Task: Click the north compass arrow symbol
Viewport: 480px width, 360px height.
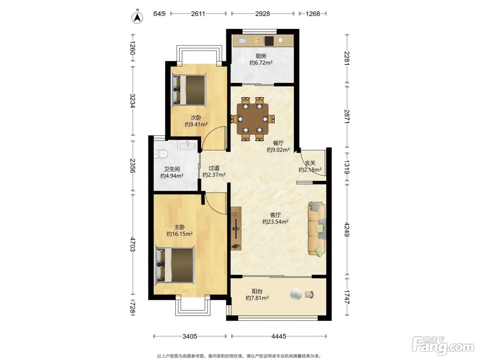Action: pos(137,17)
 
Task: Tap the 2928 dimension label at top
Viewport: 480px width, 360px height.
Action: pos(262,14)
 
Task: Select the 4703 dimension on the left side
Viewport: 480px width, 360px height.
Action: pos(133,244)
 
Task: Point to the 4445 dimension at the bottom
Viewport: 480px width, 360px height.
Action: pos(279,336)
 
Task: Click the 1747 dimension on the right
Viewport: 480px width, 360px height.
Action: pos(347,297)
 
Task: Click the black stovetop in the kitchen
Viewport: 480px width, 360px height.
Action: pos(269,41)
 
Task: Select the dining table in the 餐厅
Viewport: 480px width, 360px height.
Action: pos(253,119)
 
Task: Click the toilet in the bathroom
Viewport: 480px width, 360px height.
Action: pos(161,154)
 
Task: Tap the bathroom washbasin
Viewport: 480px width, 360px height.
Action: pos(188,144)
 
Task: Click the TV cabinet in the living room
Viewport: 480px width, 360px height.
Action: pos(236,228)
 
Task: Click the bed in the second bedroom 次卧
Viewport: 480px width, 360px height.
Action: pos(189,90)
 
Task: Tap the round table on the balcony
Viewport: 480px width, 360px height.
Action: pos(296,294)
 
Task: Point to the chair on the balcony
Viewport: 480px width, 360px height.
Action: pos(309,295)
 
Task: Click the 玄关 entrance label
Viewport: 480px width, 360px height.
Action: pos(310,163)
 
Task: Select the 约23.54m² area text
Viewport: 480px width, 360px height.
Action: pos(275,221)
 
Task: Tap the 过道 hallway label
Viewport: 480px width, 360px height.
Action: pos(214,168)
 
